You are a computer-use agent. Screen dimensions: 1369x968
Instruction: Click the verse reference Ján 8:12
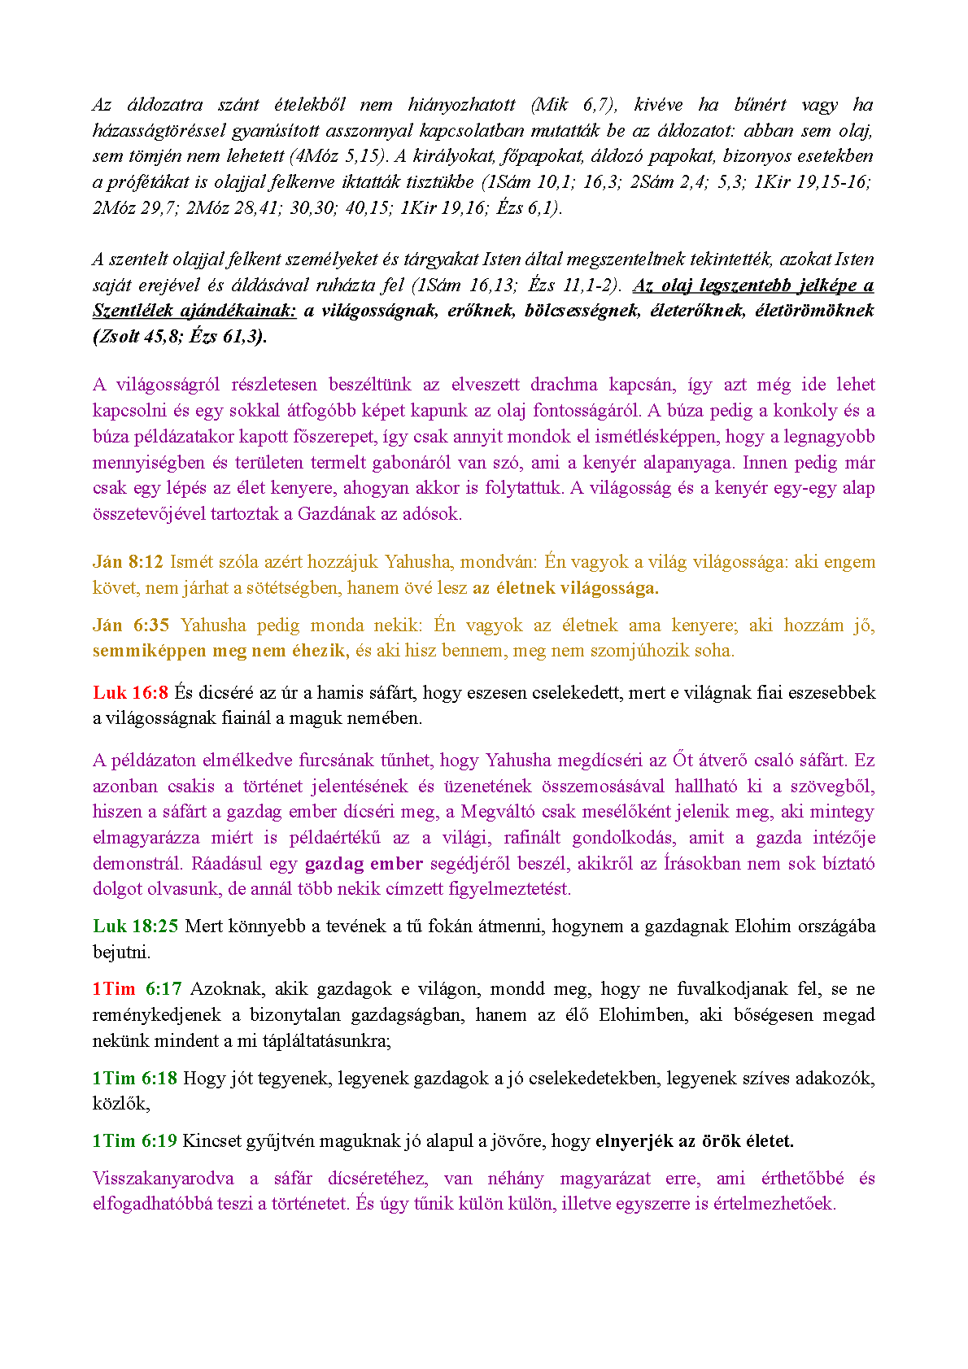tap(128, 562)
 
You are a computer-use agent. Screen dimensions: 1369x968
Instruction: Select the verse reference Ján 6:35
tap(131, 626)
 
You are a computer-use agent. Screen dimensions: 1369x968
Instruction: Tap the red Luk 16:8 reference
tap(130, 693)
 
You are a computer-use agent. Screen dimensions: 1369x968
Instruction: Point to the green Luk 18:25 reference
tap(135, 926)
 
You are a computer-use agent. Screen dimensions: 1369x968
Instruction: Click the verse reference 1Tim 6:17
tap(137, 989)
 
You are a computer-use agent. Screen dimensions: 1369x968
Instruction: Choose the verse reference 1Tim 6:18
tap(134, 1079)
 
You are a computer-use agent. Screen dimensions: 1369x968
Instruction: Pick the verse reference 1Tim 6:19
tap(134, 1141)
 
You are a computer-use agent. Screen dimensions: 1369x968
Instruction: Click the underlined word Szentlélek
tap(133, 311)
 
